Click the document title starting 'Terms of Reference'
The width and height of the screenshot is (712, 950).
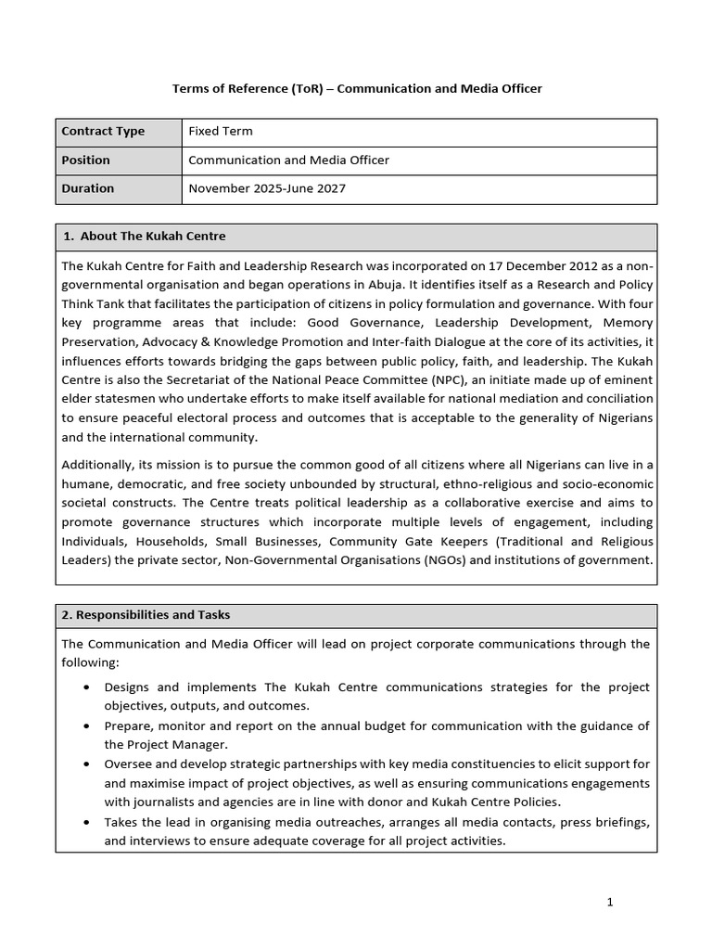pyautogui.click(x=357, y=88)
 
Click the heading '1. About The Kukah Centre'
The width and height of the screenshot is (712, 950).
pyautogui.click(x=145, y=237)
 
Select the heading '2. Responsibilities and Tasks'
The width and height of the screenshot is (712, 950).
pyautogui.click(x=146, y=615)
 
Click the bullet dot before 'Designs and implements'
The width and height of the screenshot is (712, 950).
pyautogui.click(x=86, y=687)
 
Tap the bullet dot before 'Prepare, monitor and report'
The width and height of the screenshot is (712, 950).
pyautogui.click(x=86, y=725)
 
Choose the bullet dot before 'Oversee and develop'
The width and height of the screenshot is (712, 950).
pyautogui.click(x=86, y=764)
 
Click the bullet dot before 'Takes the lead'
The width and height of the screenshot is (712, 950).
pyautogui.click(x=86, y=823)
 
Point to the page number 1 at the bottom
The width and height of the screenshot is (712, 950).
pyautogui.click(x=609, y=902)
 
